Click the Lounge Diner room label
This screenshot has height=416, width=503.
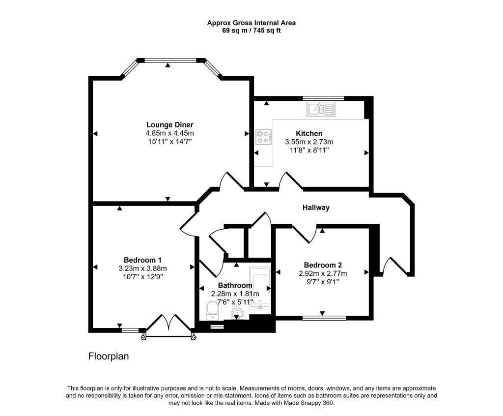click(169, 124)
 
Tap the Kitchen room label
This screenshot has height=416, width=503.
click(309, 133)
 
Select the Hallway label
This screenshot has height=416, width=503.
click(316, 208)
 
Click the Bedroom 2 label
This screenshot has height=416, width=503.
click(323, 265)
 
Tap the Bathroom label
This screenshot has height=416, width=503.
click(235, 285)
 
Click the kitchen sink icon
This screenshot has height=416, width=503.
click(321, 109)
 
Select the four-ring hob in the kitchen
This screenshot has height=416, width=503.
click(264, 137)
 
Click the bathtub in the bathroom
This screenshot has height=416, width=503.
click(260, 288)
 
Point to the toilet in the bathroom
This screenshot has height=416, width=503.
click(212, 311)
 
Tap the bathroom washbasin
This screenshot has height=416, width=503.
click(237, 314)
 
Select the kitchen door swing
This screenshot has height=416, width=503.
click(291, 181)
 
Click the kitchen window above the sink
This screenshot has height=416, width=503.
click(323, 98)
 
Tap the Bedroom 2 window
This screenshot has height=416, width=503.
click(324, 318)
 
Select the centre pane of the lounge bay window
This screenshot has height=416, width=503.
click(170, 60)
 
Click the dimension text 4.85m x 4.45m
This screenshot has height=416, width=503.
click(169, 133)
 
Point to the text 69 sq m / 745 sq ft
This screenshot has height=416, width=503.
click(251, 31)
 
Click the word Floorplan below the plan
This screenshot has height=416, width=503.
click(109, 356)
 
